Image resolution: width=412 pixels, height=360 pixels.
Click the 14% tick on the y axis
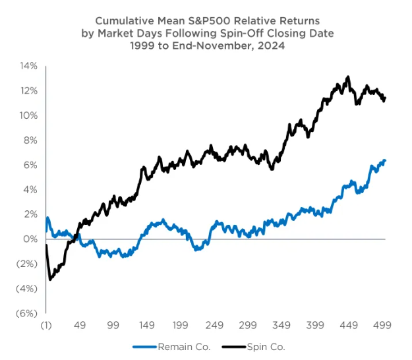[x=29, y=65]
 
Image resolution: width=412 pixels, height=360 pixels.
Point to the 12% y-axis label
[x=29, y=90]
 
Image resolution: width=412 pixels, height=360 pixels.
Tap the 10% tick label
[x=29, y=115]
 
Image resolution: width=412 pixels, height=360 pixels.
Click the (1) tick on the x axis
[x=46, y=325]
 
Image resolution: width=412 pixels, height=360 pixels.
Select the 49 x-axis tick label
[x=80, y=325]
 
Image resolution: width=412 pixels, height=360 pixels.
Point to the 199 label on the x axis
[x=181, y=325]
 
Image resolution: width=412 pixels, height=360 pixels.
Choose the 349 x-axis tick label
[x=282, y=325]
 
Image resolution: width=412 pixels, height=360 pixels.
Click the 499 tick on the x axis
[x=384, y=325]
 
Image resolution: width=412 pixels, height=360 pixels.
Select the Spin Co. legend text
[x=266, y=346]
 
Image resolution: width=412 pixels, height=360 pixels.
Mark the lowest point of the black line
[x=50, y=280]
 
